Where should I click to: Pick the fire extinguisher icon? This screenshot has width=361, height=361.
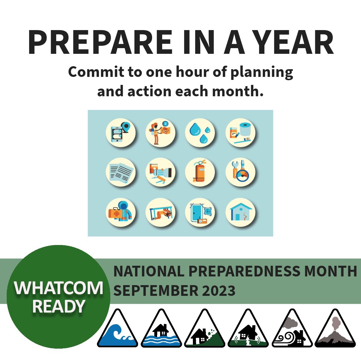(x=200, y=172)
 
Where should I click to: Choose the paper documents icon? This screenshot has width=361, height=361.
(x=120, y=172)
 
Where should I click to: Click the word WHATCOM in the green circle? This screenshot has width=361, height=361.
(x=59, y=288)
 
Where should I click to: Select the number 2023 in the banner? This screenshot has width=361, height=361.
(x=219, y=290)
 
